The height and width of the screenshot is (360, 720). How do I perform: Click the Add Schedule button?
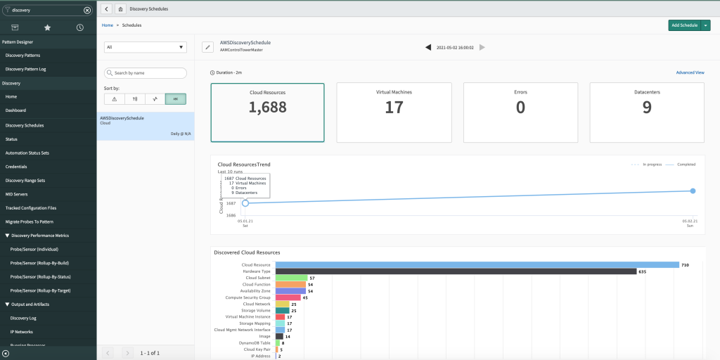(x=684, y=25)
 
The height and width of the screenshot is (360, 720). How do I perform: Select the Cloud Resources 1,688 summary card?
(x=268, y=103)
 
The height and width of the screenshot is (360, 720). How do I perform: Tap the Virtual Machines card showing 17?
(x=394, y=103)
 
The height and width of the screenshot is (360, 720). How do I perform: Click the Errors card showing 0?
(x=520, y=103)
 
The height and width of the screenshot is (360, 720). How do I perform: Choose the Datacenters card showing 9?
(x=646, y=103)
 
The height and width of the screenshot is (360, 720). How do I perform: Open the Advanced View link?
(x=690, y=72)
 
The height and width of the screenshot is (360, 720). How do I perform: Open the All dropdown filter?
(x=145, y=47)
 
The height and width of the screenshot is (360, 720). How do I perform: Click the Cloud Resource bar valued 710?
(x=477, y=264)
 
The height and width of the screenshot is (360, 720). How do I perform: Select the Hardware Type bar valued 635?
(x=455, y=271)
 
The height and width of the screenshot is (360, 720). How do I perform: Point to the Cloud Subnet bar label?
(x=257, y=278)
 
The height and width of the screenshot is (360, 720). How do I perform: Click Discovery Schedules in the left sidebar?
(x=25, y=125)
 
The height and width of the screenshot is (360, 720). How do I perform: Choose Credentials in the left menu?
(x=16, y=167)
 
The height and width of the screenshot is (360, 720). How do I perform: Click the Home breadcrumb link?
(x=107, y=25)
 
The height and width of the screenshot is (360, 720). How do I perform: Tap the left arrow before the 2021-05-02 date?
(x=427, y=47)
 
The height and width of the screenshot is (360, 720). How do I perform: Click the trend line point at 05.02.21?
(x=693, y=191)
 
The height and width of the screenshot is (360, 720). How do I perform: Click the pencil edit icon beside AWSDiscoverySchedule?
(x=207, y=47)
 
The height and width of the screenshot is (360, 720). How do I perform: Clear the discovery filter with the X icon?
(x=87, y=11)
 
